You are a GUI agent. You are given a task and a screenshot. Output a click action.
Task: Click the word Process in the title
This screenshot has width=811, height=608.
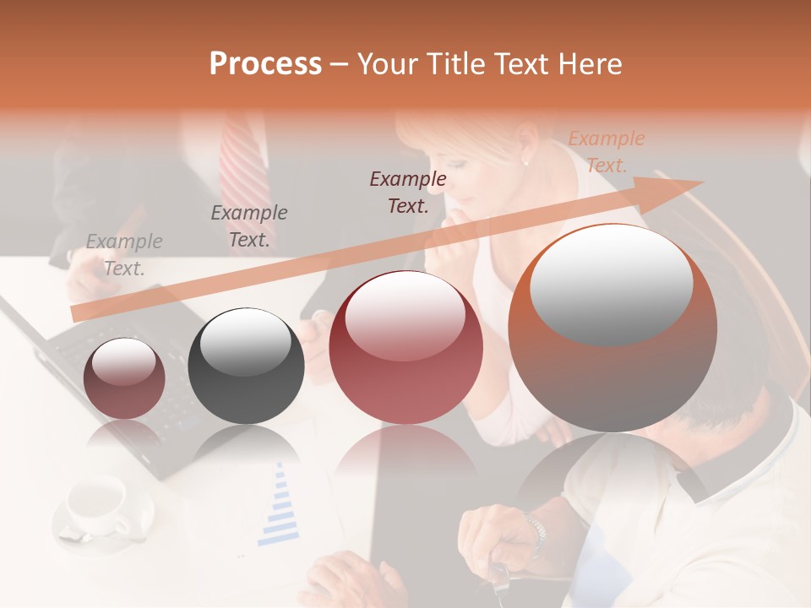pyautogui.click(x=265, y=64)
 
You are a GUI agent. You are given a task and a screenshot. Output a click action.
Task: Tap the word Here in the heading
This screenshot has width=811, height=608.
pyautogui.click(x=588, y=64)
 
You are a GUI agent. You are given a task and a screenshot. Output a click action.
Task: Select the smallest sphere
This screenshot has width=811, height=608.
pyautogui.click(x=124, y=377)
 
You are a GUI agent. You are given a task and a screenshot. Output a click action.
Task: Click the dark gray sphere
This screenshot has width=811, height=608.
pyautogui.click(x=246, y=366)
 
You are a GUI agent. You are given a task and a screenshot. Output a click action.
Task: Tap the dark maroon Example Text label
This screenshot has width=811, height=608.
pyautogui.click(x=408, y=193)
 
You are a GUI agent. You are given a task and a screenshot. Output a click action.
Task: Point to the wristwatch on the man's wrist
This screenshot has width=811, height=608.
pyautogui.click(x=535, y=531)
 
